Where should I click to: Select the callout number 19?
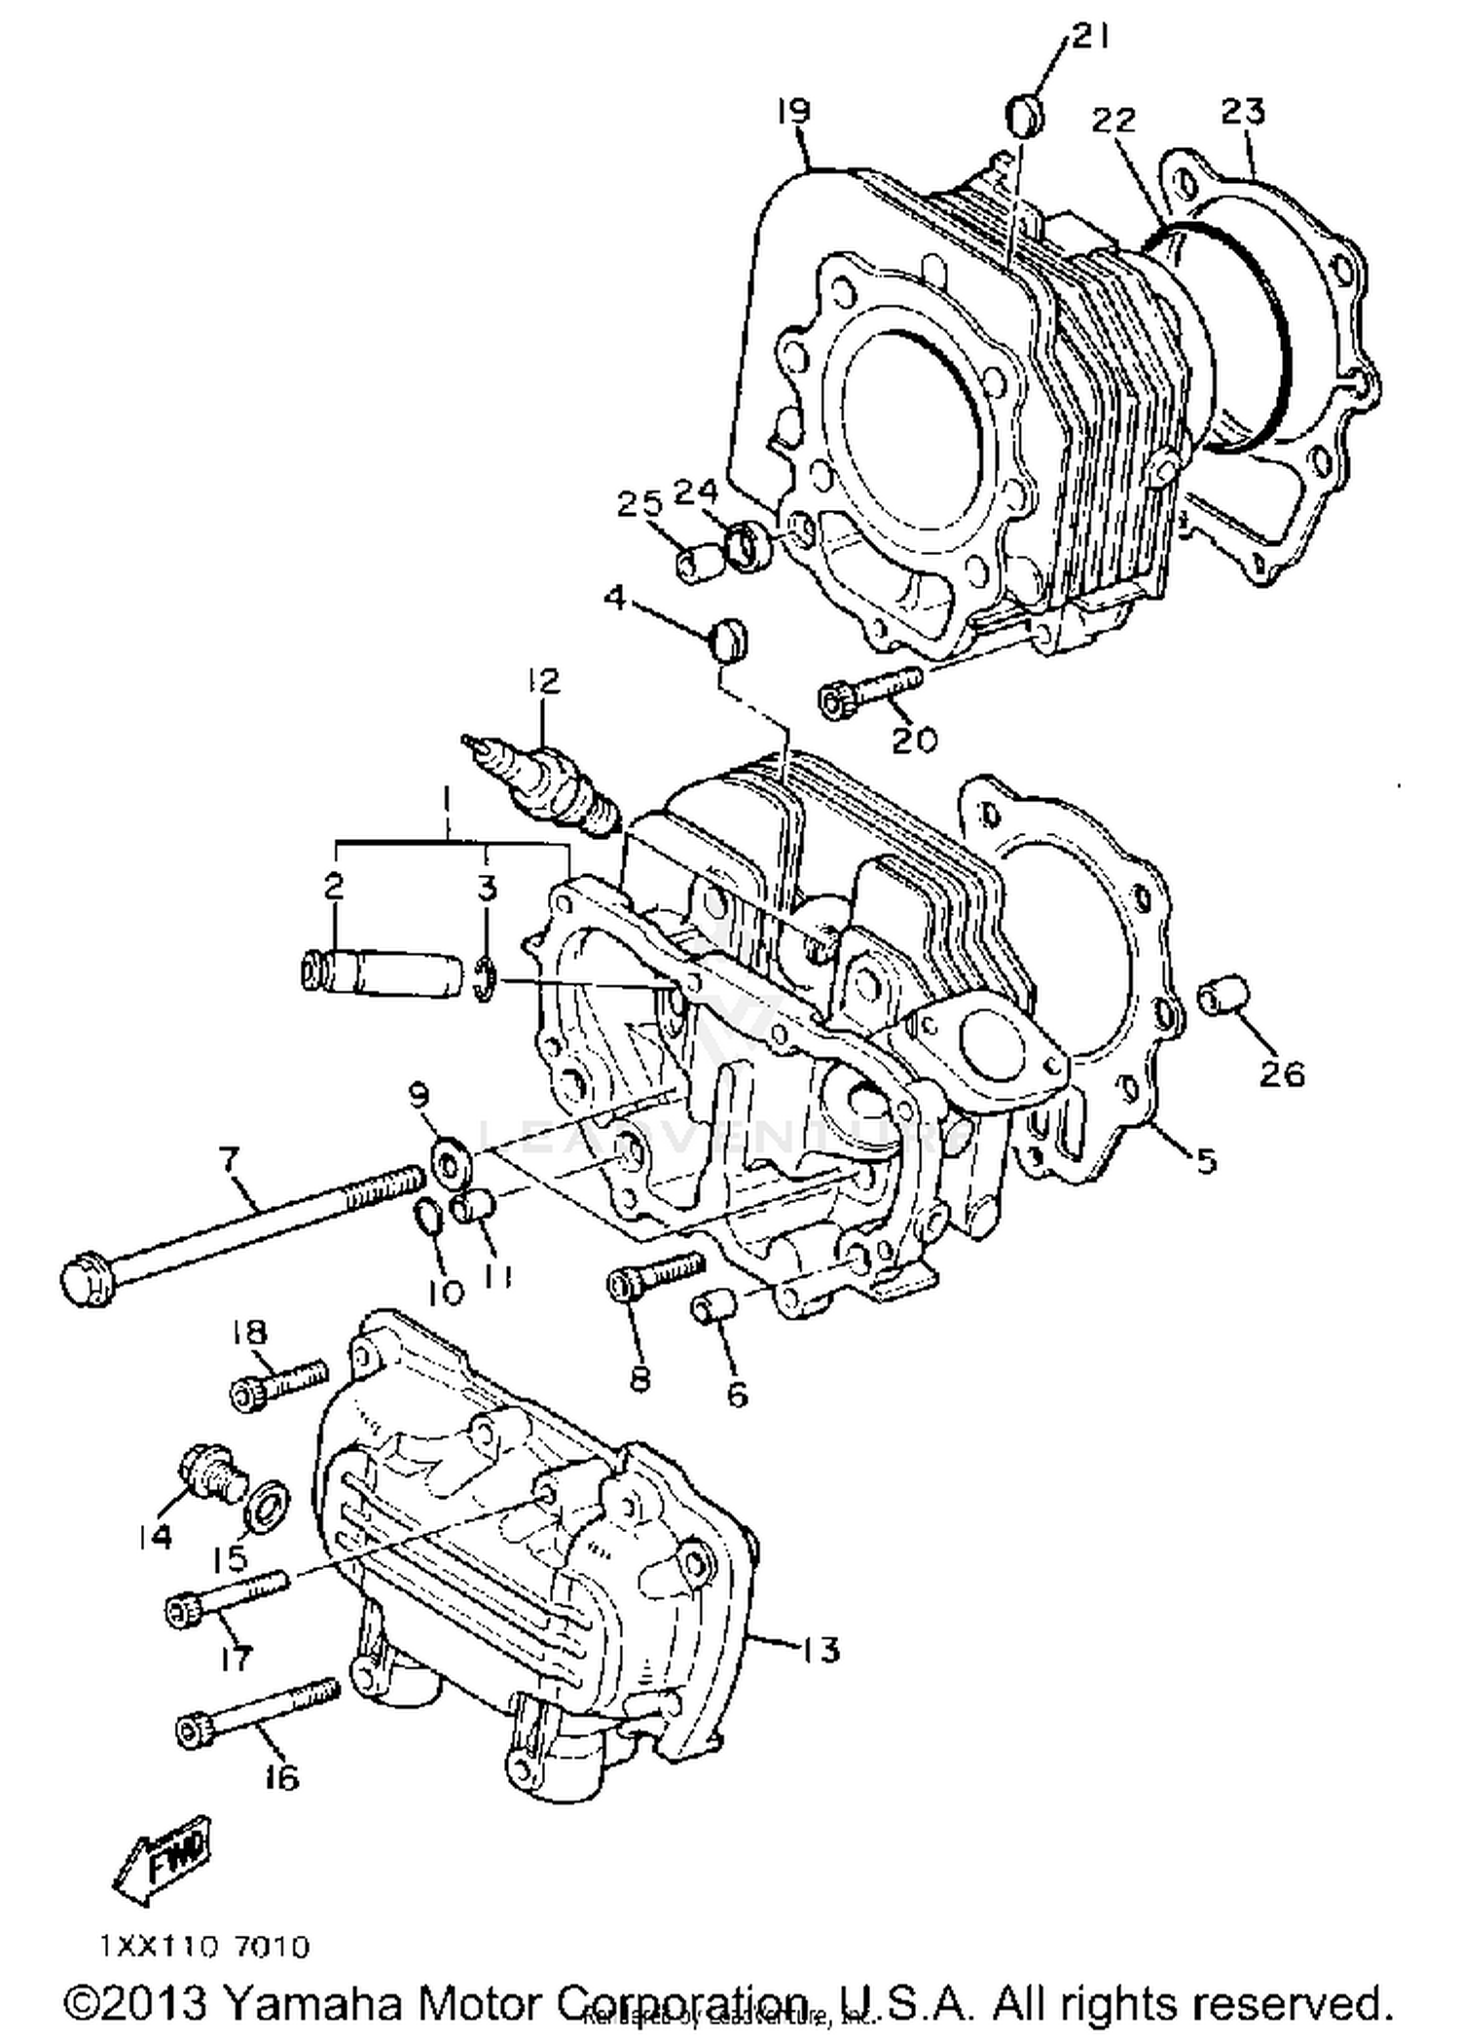click(x=794, y=111)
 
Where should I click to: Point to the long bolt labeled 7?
click(x=243, y=1223)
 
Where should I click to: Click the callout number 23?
click(x=1243, y=112)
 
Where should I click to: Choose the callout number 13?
click(x=821, y=1651)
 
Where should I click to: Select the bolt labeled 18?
click(x=278, y=1385)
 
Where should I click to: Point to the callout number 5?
click(x=1206, y=1160)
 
